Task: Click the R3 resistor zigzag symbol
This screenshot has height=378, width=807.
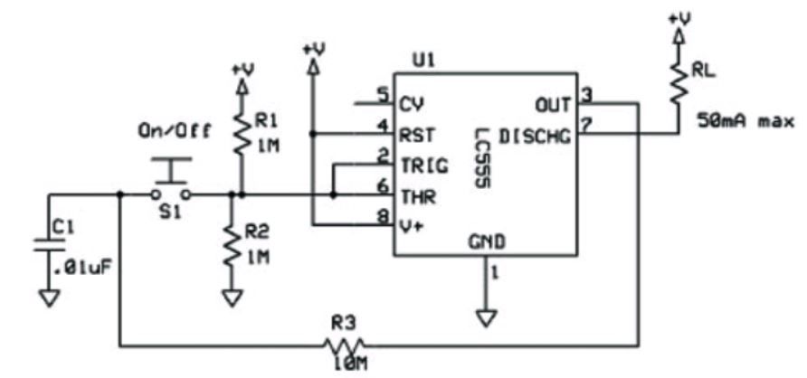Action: pyautogui.click(x=343, y=345)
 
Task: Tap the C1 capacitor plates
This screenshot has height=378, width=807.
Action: pyautogui.click(x=49, y=245)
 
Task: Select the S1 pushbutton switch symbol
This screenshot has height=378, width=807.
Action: pyautogui.click(x=171, y=178)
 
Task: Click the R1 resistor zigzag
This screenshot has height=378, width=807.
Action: pyautogui.click(x=241, y=134)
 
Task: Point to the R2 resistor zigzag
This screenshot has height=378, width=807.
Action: pyautogui.click(x=233, y=245)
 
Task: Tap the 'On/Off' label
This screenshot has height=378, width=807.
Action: pyautogui.click(x=175, y=132)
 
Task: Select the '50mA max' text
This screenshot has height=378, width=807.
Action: pyautogui.click(x=745, y=121)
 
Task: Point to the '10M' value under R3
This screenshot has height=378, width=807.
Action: pyautogui.click(x=350, y=364)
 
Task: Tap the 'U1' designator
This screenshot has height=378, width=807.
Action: pyautogui.click(x=423, y=61)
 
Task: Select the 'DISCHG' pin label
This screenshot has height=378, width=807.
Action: pyautogui.click(x=535, y=137)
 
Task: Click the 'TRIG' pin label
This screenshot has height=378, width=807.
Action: pyautogui.click(x=424, y=166)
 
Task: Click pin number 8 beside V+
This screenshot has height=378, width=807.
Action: pyautogui.click(x=383, y=218)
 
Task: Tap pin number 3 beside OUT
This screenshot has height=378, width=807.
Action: pyautogui.click(x=584, y=95)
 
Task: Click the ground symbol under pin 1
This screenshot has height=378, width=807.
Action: pyautogui.click(x=487, y=317)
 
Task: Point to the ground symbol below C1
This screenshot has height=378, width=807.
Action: pyautogui.click(x=49, y=298)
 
